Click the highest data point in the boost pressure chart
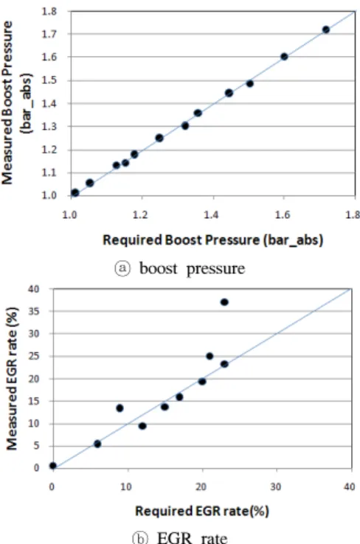(x=325, y=29)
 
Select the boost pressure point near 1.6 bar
(x=284, y=57)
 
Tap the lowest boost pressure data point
(x=75, y=192)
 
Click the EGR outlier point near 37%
(x=224, y=302)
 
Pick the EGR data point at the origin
(x=53, y=466)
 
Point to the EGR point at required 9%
(x=120, y=408)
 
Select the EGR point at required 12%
(x=142, y=426)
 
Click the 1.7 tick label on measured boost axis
(x=49, y=34)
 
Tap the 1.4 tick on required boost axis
(x=211, y=215)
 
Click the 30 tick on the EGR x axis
(x=276, y=487)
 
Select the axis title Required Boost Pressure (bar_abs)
(x=212, y=240)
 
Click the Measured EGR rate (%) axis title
(x=12, y=378)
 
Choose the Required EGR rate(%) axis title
(x=202, y=511)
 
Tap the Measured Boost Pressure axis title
(x=17, y=103)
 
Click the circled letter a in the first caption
(x=122, y=268)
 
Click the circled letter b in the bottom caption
(x=140, y=538)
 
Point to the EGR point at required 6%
(x=97, y=444)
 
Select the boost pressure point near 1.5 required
(x=249, y=83)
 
